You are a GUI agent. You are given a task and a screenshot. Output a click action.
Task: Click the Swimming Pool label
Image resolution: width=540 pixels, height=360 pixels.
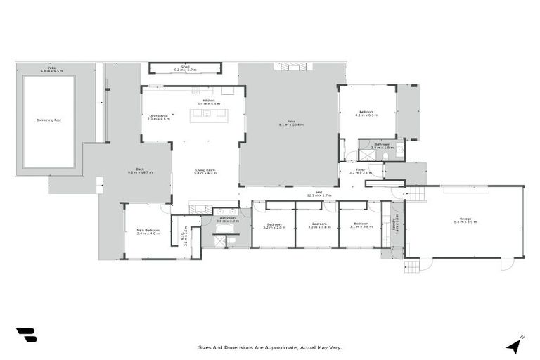pyautogui.click(x=49, y=120)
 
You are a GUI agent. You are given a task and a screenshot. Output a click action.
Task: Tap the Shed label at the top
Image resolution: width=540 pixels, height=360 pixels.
pyautogui.click(x=186, y=66)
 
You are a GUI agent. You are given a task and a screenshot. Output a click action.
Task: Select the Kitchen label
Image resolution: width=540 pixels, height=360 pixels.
pyautogui.click(x=209, y=101)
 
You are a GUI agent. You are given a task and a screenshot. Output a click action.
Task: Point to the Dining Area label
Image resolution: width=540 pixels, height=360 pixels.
pyautogui.click(x=158, y=115)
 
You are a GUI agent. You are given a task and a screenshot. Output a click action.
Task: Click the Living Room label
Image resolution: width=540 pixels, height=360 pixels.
pyautogui.click(x=205, y=169)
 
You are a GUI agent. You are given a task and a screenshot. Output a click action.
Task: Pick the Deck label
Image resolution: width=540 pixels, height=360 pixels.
pyautogui.click(x=140, y=169)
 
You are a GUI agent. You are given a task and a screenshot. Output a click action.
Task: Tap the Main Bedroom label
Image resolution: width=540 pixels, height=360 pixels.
pyautogui.click(x=148, y=229)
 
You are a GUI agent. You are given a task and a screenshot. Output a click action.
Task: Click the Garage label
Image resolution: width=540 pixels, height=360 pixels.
pyautogui.click(x=465, y=219)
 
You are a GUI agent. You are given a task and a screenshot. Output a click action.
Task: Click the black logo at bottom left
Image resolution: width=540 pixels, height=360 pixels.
pyautogui.click(x=27, y=335)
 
